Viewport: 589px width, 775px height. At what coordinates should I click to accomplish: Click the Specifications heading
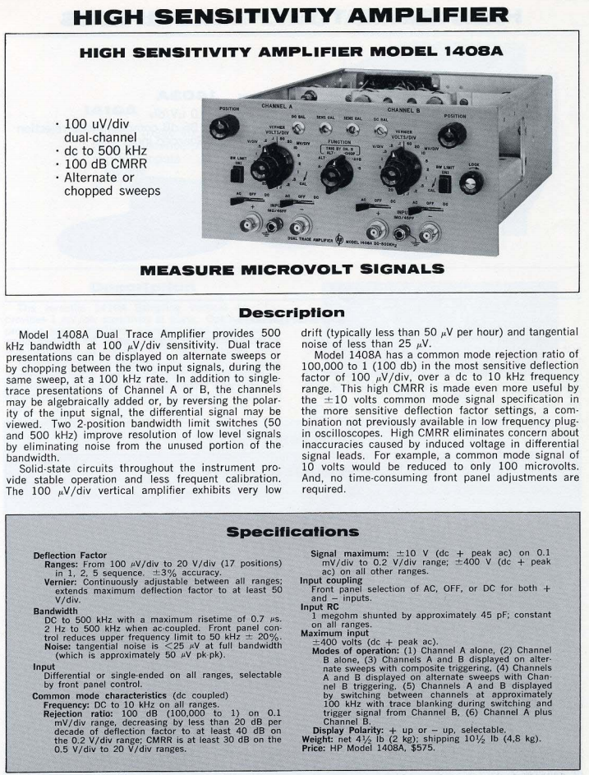294,533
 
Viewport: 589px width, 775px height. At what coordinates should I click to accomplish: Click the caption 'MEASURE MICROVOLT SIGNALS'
294,269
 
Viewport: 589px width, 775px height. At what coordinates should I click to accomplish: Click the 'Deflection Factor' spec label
65,555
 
